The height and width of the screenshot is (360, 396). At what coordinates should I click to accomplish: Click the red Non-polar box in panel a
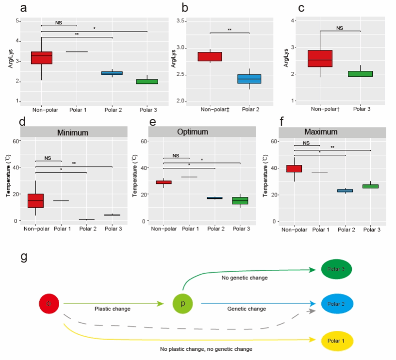tap(42, 58)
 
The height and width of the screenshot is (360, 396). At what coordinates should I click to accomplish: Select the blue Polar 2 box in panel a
tap(112, 73)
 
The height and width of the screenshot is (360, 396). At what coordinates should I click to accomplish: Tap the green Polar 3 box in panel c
tap(361, 74)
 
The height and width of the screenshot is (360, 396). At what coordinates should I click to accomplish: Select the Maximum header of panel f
tap(328, 132)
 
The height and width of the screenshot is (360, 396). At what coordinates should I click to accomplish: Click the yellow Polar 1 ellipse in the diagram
tap(337, 341)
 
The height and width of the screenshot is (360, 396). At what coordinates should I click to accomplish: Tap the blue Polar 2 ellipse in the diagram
tap(337, 304)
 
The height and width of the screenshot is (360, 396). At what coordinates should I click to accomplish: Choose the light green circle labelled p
tap(182, 304)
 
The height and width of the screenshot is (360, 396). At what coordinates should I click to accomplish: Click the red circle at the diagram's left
tap(49, 304)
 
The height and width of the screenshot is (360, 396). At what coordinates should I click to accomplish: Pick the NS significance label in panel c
tap(340, 28)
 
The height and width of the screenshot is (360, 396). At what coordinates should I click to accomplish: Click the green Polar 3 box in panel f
tap(371, 186)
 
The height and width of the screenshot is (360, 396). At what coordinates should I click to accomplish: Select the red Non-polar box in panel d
tap(35, 201)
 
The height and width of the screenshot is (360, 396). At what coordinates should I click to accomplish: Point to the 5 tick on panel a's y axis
tap(17, 21)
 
